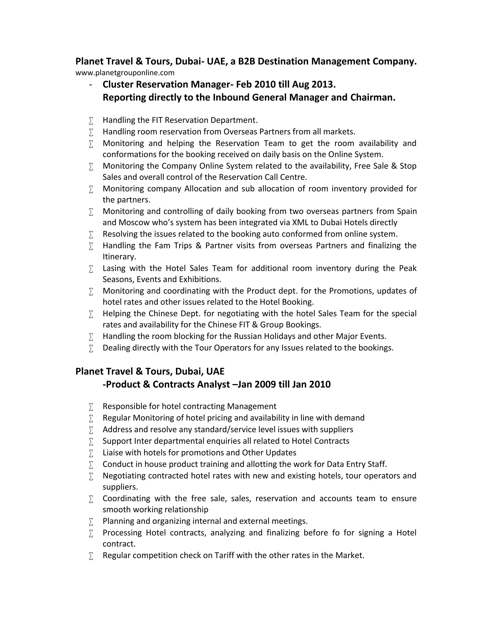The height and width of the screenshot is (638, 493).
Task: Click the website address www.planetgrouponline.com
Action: tap(125, 73)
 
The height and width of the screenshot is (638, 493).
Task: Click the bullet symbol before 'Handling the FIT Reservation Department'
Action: tap(91, 121)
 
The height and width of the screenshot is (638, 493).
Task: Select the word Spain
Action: tap(407, 211)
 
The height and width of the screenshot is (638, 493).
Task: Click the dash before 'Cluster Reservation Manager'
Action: tap(91, 85)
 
